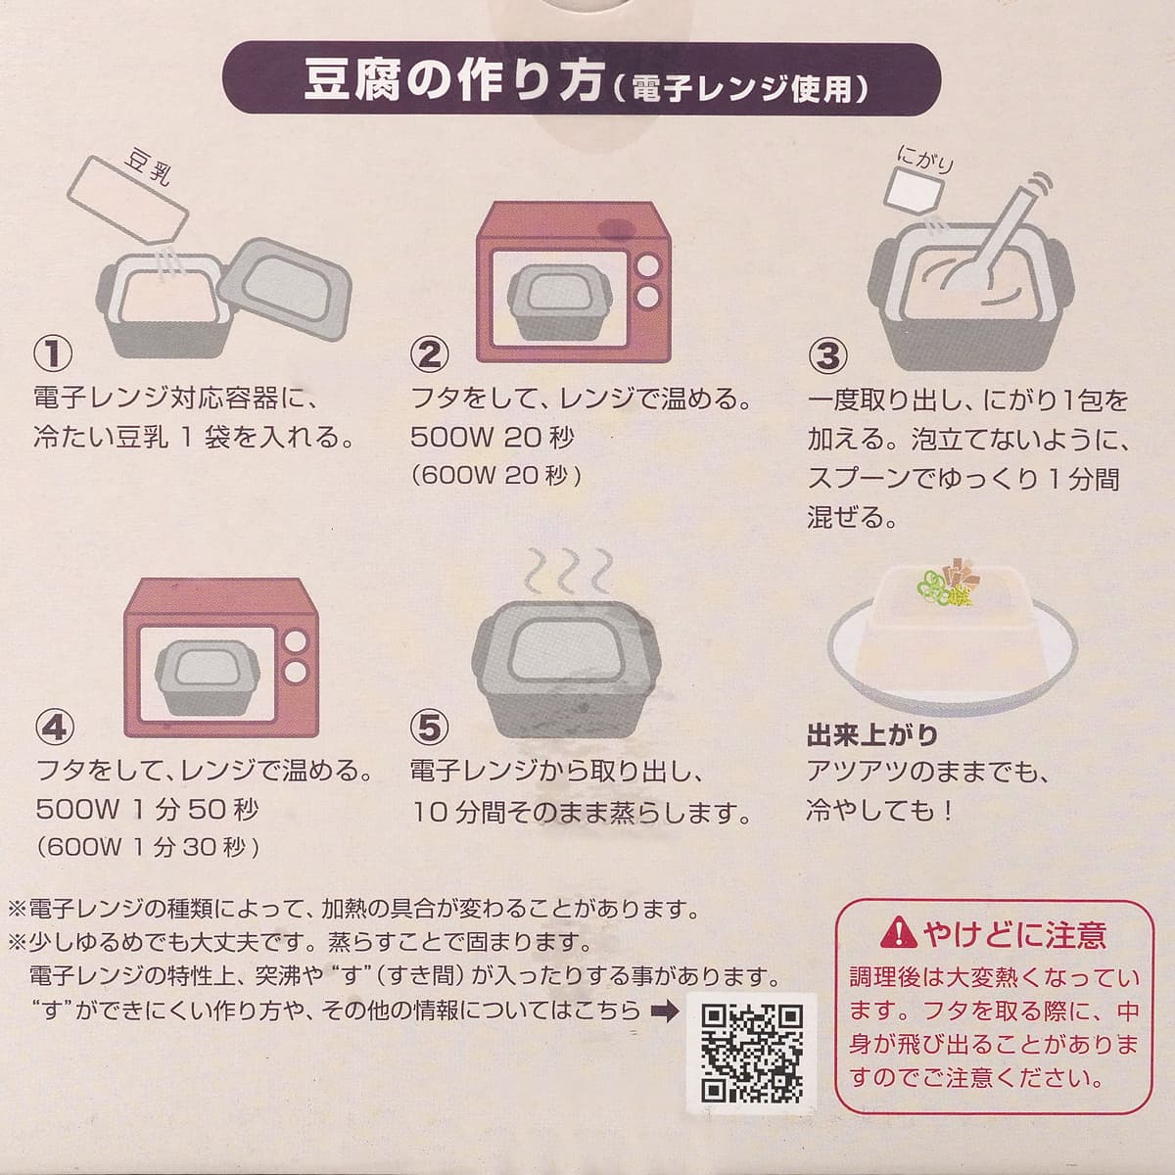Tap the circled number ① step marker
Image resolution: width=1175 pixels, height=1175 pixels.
(53, 353)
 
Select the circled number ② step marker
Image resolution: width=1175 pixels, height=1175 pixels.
(429, 354)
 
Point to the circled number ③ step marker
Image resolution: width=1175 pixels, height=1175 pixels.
(826, 355)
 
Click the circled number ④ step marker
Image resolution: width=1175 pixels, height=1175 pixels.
(55, 727)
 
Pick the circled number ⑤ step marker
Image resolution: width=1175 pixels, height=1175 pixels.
(429, 727)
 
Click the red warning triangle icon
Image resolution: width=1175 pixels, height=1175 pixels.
(899, 934)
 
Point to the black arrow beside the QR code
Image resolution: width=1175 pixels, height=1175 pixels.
(664, 1010)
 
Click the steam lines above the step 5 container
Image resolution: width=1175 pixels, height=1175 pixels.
(569, 571)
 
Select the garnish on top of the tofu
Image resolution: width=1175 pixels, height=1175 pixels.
(946, 584)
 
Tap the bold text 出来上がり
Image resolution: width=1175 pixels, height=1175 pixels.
(872, 735)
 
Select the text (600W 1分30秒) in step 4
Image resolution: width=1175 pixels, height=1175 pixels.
(148, 847)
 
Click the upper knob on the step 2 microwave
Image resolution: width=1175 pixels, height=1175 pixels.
(647, 266)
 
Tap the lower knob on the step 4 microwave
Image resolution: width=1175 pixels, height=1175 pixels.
(295, 672)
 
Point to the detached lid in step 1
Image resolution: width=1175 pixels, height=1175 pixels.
(285, 289)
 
